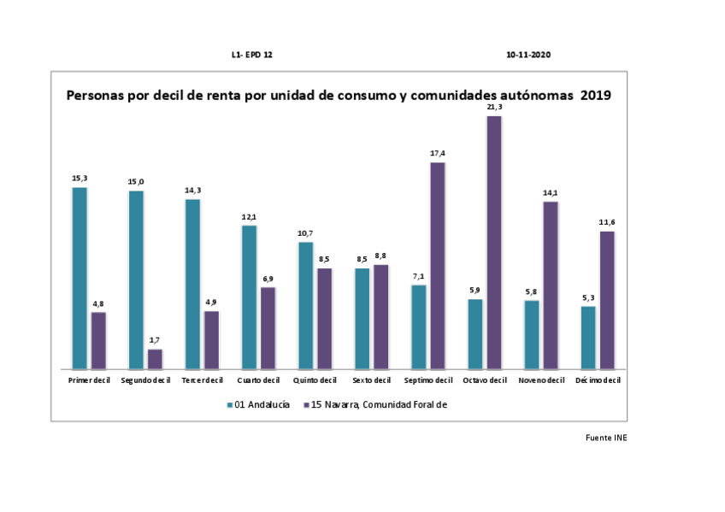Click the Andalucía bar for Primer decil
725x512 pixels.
(x=80, y=278)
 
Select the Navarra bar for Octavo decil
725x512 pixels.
(x=493, y=242)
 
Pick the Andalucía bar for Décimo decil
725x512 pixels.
(x=588, y=337)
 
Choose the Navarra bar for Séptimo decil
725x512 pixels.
(x=437, y=265)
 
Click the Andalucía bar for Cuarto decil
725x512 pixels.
(x=249, y=297)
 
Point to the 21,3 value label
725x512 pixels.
(x=493, y=108)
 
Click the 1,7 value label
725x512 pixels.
(x=155, y=341)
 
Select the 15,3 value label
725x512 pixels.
(x=80, y=179)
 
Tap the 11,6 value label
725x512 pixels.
(x=607, y=222)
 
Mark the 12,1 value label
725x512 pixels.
(x=249, y=217)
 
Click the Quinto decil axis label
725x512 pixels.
(x=315, y=380)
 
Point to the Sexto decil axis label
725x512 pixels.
(x=371, y=380)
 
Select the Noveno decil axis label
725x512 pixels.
(x=541, y=380)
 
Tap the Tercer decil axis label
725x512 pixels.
(x=202, y=380)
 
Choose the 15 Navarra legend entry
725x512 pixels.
(x=375, y=404)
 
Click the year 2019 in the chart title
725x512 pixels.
(x=595, y=96)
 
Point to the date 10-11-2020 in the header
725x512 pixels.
(x=528, y=54)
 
